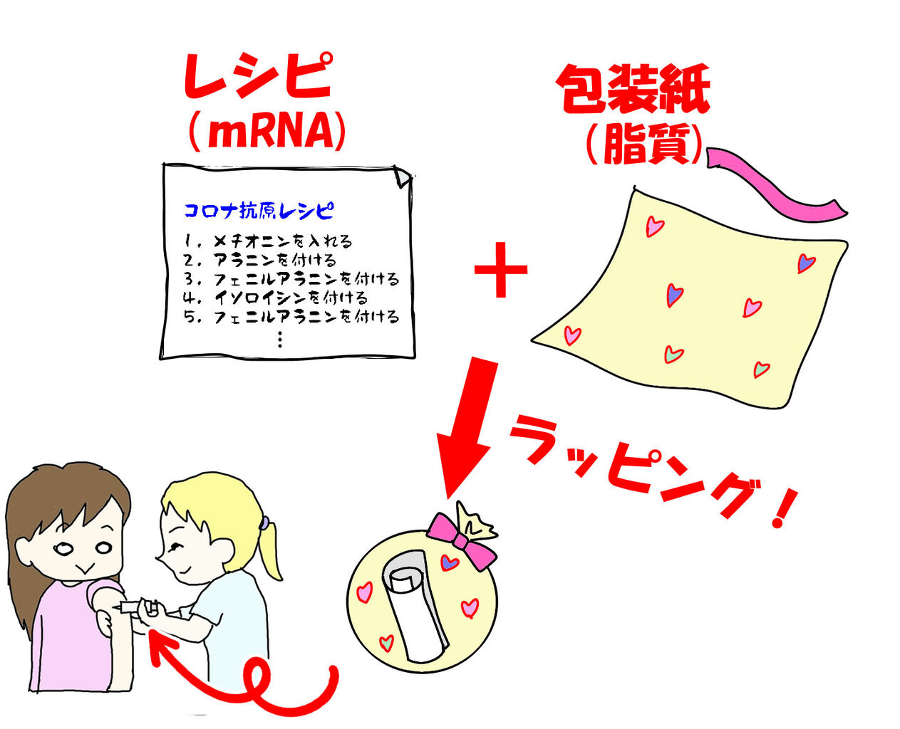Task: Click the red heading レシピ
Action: pos(258,76)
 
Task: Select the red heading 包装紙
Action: pos(633,89)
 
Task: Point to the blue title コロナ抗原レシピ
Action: pos(259,211)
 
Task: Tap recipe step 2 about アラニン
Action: pos(260,260)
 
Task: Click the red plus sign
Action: pos(501,271)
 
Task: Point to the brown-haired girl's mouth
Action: pos(84,569)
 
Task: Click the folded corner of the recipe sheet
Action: pos(403,177)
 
